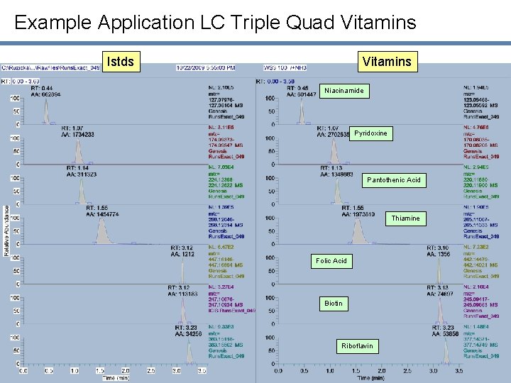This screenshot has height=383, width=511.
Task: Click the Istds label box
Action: click(x=119, y=62)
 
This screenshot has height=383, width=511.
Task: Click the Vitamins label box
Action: click(x=386, y=62)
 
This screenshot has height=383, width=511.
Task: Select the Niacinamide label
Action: click(x=344, y=91)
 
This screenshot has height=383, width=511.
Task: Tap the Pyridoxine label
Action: click(x=370, y=133)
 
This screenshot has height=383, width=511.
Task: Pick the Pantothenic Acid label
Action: click(x=393, y=180)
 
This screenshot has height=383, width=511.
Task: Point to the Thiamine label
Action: click(x=405, y=218)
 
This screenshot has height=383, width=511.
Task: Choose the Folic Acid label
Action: click(x=331, y=261)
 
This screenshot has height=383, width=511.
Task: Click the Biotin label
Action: click(x=333, y=304)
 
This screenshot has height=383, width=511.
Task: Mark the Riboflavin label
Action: click(x=356, y=346)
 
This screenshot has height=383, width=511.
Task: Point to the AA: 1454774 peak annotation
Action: click(x=103, y=213)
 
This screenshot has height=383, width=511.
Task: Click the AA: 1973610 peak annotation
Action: click(x=358, y=213)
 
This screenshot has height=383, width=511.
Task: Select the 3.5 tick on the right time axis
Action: click(x=459, y=370)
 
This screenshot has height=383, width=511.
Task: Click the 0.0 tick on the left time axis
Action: click(x=24, y=370)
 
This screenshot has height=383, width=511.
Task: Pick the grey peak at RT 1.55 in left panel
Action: click(x=104, y=231)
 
